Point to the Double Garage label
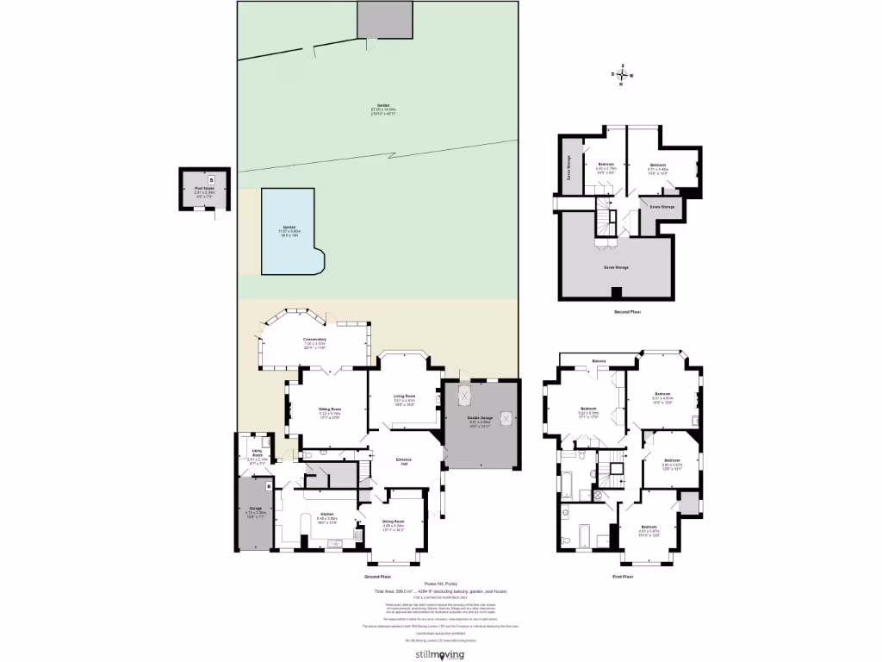click(480, 421)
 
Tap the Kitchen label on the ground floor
click(327, 514)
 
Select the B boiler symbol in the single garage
click(269, 487)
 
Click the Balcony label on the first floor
click(599, 360)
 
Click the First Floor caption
click(623, 576)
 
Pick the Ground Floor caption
click(379, 576)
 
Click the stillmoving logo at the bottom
click(440, 654)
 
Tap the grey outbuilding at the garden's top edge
click(385, 19)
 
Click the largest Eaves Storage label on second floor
click(616, 267)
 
